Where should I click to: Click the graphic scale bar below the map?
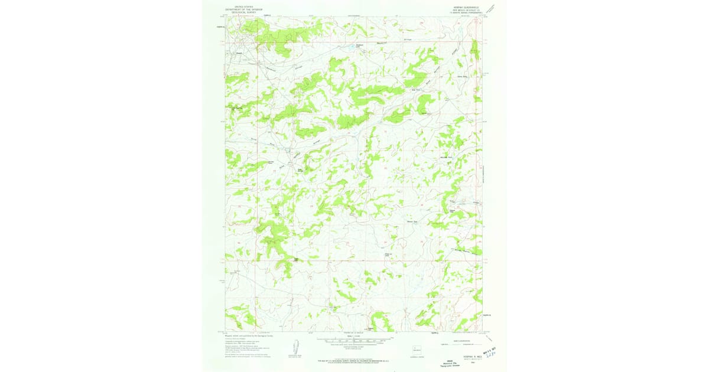(354, 341)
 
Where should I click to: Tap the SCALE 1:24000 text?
(354, 336)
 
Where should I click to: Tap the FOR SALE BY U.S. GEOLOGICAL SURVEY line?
(354, 358)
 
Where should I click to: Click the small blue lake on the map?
(357, 45)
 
